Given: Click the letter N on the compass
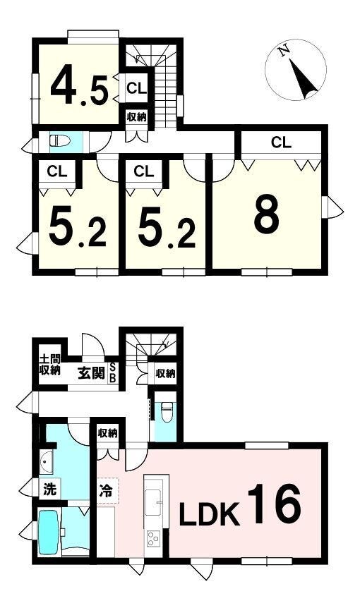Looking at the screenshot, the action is (284, 51).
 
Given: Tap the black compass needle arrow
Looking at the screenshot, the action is (304, 80).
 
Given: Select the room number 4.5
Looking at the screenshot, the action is (79, 90).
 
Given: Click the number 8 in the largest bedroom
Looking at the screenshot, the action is (267, 214).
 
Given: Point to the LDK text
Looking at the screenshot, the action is (209, 515).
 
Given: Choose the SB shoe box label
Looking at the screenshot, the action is (112, 373).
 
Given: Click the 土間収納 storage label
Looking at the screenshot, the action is (50, 365).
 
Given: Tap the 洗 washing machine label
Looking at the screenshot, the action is (49, 490).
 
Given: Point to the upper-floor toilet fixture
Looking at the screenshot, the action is (60, 140).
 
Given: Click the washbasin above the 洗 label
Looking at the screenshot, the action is (46, 462).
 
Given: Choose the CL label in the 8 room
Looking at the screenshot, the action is (281, 142).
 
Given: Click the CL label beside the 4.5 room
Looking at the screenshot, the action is (136, 88).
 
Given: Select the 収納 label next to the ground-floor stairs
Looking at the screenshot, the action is (166, 373).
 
